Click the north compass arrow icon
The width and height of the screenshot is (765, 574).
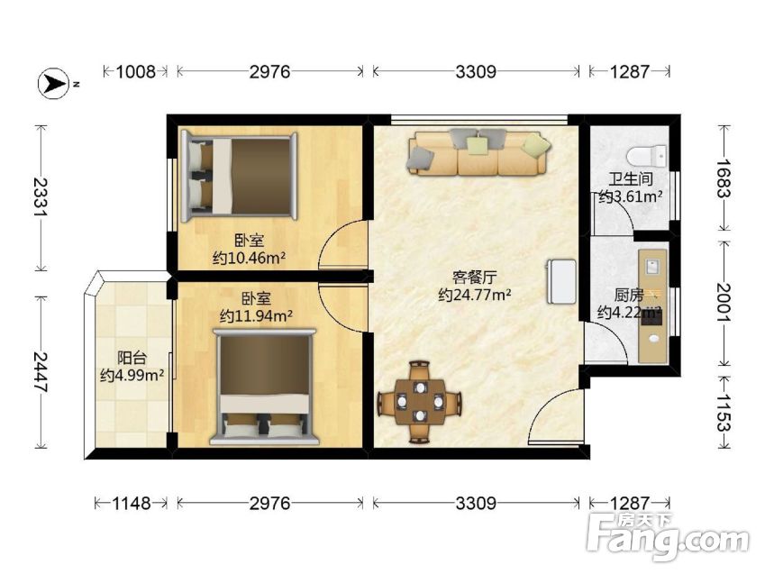click(54, 84)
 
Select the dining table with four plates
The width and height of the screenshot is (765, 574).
click(420, 402)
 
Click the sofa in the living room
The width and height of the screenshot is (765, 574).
click(479, 152)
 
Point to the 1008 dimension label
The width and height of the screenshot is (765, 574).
click(136, 72)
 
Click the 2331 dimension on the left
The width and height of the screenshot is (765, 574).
click(41, 197)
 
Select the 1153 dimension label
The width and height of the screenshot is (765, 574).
click(724, 412)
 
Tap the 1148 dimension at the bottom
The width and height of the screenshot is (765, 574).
click(132, 503)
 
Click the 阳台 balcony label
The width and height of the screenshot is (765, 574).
click(132, 358)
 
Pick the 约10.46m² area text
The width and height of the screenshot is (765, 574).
click(249, 258)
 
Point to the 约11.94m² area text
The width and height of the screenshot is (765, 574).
click(256, 315)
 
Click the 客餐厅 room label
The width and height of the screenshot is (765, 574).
click(475, 278)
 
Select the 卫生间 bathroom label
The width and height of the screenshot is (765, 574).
click(631, 178)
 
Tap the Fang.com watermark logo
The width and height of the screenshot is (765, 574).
click(668, 536)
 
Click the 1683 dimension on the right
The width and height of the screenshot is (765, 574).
click(724, 178)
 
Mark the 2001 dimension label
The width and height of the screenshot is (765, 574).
click(724, 303)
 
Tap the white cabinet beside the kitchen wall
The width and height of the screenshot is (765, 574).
click(561, 282)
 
